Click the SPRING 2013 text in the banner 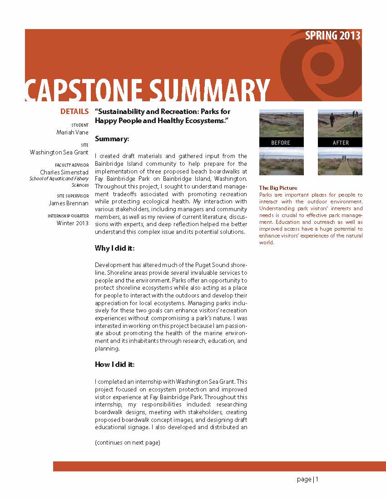point(333,36)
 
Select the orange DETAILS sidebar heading point(74,112)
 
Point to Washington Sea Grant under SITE point(59,153)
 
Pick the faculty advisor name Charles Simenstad point(64,173)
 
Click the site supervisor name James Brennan point(69,203)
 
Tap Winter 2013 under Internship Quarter point(73,223)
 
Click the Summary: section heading point(112,138)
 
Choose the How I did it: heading point(114,364)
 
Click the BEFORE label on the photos point(281,143)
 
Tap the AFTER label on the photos point(340,143)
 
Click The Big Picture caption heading point(278,188)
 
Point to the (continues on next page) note point(127,443)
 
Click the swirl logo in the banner point(318,64)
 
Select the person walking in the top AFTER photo point(332,120)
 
